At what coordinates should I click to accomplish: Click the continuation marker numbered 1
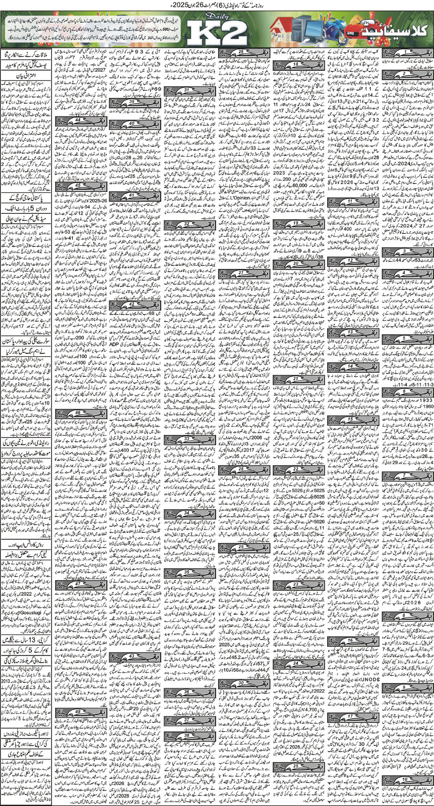pos(406,53)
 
